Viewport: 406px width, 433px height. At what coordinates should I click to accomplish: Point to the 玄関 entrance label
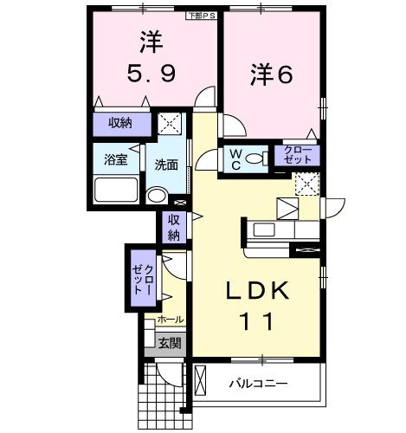tap(170, 343)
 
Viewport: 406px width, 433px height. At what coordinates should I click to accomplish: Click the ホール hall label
tap(170, 320)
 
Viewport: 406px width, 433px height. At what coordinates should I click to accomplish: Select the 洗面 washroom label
tap(166, 165)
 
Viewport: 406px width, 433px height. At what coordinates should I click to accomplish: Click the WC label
tap(235, 157)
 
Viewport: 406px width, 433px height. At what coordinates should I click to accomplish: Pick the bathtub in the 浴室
tap(116, 189)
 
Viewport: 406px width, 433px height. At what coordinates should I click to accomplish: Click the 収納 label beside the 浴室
tap(120, 123)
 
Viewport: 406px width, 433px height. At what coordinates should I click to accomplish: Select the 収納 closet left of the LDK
tap(173, 227)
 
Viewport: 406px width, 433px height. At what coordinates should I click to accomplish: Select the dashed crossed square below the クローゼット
tap(306, 183)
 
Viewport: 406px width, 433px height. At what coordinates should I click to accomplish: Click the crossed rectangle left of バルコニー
tap(202, 382)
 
